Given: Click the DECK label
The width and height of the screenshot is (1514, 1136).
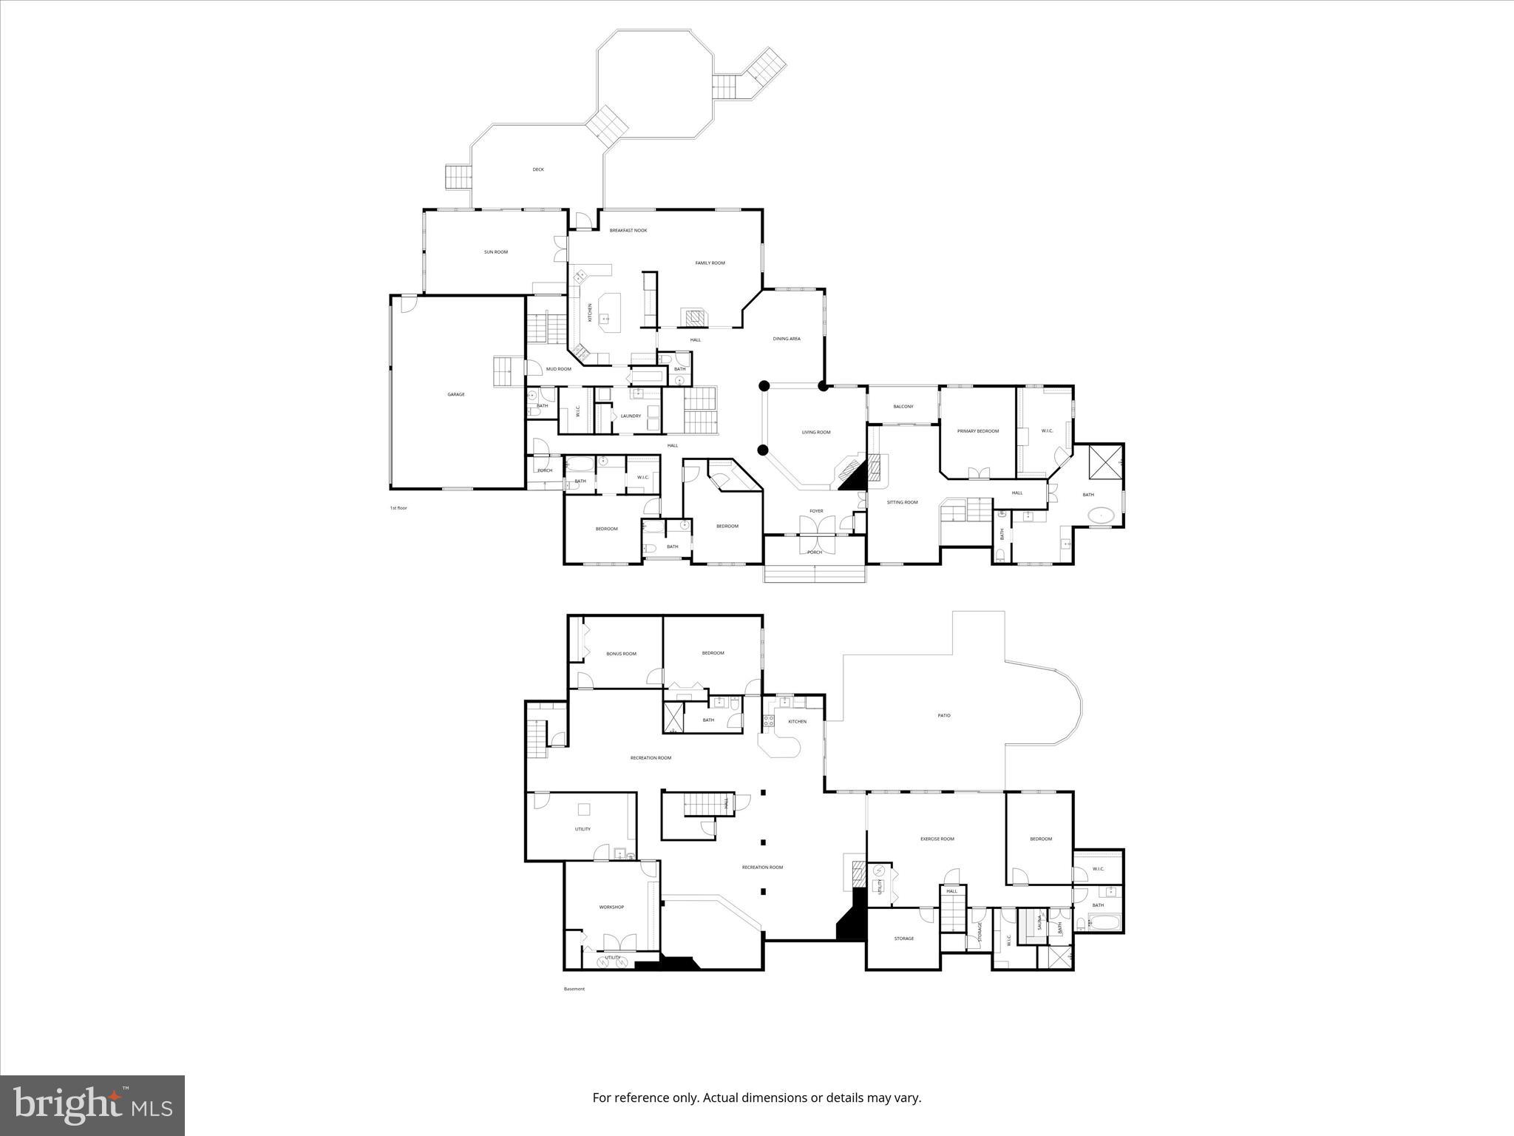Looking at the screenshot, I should [538, 169].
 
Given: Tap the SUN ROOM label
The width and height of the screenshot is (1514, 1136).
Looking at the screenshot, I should [496, 252].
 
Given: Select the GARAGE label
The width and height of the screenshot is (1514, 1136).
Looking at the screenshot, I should [456, 394].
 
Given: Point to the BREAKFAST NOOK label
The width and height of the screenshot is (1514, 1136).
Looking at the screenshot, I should [628, 231].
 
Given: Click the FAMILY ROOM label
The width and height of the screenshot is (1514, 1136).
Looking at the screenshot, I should [710, 263].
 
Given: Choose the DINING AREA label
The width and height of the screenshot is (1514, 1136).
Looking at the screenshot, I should [787, 339].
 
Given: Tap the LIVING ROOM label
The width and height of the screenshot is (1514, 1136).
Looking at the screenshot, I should [816, 432].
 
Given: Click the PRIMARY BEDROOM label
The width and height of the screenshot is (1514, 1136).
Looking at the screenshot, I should [978, 431].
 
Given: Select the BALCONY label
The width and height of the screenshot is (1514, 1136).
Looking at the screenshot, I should [903, 406].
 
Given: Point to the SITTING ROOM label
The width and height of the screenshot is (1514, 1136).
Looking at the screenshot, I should [902, 502].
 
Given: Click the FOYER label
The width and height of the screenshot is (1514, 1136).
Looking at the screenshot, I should [816, 511].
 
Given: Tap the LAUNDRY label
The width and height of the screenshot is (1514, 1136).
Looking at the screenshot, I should [631, 416].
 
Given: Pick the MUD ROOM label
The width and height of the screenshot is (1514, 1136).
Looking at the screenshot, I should [558, 369].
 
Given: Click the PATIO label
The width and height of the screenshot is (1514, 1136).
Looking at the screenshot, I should [944, 715].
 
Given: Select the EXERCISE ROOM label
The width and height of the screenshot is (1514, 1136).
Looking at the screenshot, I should [937, 839].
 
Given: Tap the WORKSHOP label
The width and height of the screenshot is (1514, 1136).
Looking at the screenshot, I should [611, 907].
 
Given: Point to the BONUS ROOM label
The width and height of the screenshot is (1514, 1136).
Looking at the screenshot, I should [621, 654].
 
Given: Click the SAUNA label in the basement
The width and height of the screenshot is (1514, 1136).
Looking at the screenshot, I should [1038, 923].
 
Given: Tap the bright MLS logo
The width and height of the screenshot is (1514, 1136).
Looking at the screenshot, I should [92, 1105].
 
